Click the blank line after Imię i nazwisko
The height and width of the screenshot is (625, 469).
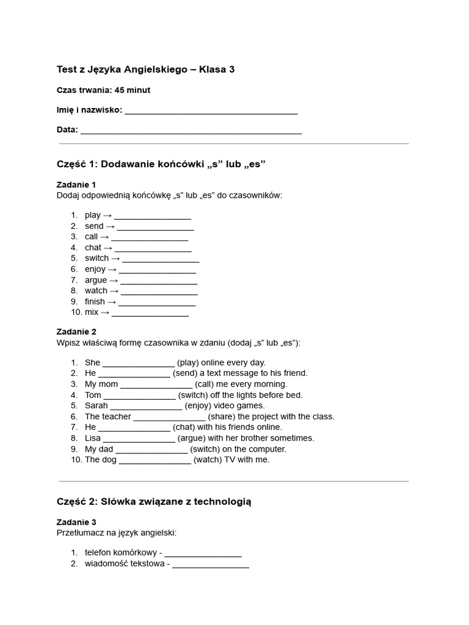tap(211, 111)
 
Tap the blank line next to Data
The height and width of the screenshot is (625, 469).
tap(191, 131)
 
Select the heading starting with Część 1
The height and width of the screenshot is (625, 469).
tap(161, 164)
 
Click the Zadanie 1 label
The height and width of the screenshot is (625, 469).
tap(76, 184)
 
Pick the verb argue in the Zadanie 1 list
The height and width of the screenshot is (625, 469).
tap(96, 280)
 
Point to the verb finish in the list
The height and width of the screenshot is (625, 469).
tap(95, 302)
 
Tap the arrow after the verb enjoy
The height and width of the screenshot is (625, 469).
tap(112, 269)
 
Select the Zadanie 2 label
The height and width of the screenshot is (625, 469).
tap(76, 332)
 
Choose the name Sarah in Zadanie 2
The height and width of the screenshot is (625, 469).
tap(96, 405)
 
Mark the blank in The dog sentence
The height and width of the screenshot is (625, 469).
tap(155, 460)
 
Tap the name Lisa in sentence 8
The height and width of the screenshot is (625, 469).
tap(93, 438)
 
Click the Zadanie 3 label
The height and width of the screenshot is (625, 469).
tap(76, 522)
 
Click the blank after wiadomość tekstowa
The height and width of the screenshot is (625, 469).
tap(211, 565)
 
